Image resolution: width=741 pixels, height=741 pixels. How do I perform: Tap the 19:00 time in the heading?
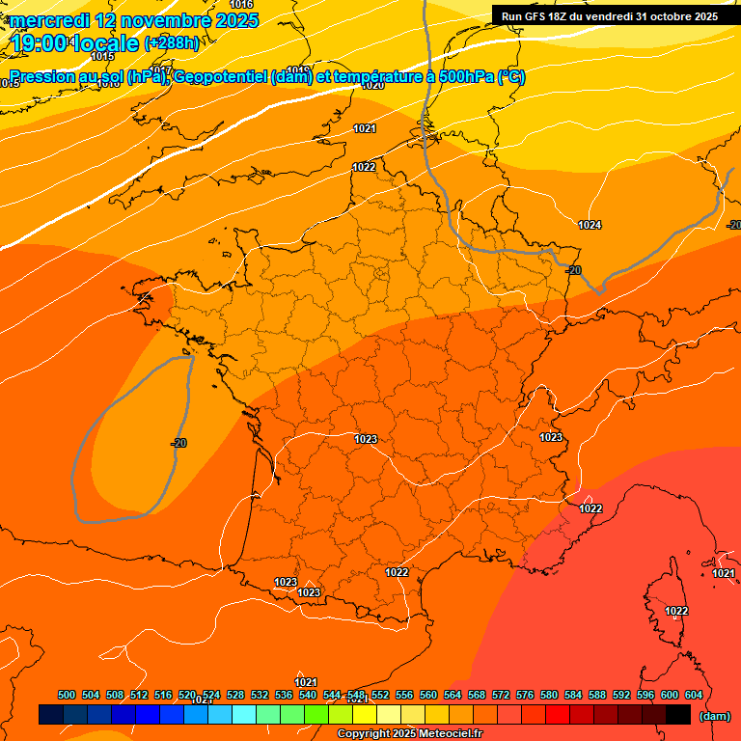click(38, 43)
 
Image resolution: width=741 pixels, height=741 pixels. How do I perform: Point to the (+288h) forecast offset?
click(175, 43)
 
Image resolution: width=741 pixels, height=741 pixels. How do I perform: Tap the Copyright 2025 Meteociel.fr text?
click(410, 733)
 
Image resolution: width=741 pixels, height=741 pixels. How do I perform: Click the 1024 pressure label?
click(590, 225)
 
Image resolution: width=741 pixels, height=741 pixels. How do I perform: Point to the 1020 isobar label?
click(372, 85)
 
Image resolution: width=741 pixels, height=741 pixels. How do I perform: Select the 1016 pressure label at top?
click(241, 6)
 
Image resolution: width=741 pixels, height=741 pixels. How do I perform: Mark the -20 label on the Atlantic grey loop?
click(178, 443)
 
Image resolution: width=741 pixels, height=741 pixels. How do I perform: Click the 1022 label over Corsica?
click(676, 611)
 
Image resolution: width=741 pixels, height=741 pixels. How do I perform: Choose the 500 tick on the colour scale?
click(67, 695)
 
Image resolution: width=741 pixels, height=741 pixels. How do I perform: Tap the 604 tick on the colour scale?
click(694, 695)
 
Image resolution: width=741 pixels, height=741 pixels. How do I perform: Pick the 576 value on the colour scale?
click(525, 695)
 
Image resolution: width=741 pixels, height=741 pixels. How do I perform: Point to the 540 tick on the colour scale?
click(308, 695)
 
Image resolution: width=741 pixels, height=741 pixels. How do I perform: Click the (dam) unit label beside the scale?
click(714, 716)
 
